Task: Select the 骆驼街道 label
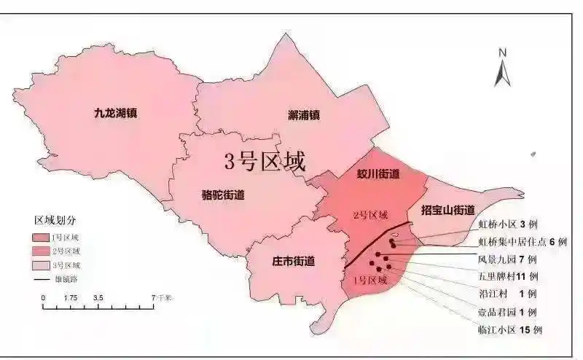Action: tap(222, 195)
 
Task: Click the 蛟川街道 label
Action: tap(378, 174)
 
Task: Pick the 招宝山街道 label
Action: tap(453, 210)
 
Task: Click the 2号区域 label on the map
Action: tap(369, 216)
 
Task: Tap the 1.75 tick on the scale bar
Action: tap(71, 298)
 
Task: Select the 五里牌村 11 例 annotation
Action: tap(507, 276)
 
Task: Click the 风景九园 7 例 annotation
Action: tap(507, 259)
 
